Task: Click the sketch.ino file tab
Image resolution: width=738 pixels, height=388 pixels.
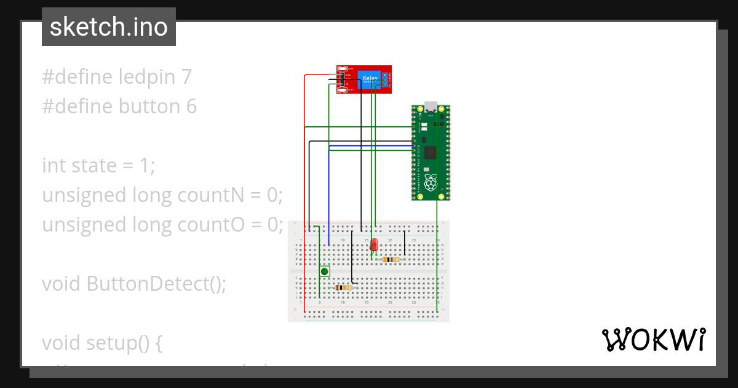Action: point(109,27)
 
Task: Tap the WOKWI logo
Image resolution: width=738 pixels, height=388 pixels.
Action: point(653,339)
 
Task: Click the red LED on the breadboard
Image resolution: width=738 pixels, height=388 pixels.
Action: point(373,245)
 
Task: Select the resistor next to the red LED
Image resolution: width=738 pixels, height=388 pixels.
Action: point(390,260)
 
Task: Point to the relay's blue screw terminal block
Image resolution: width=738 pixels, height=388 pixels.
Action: point(386,79)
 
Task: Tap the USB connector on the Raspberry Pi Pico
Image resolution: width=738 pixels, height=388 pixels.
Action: point(430,107)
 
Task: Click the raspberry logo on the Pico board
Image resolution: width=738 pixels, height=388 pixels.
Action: point(431,182)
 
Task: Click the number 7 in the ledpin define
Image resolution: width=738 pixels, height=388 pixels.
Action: point(186,77)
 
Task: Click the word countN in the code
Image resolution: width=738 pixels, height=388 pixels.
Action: point(210,195)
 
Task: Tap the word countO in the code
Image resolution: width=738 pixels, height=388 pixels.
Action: point(211,225)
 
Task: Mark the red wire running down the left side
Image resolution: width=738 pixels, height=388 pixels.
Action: point(305,185)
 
